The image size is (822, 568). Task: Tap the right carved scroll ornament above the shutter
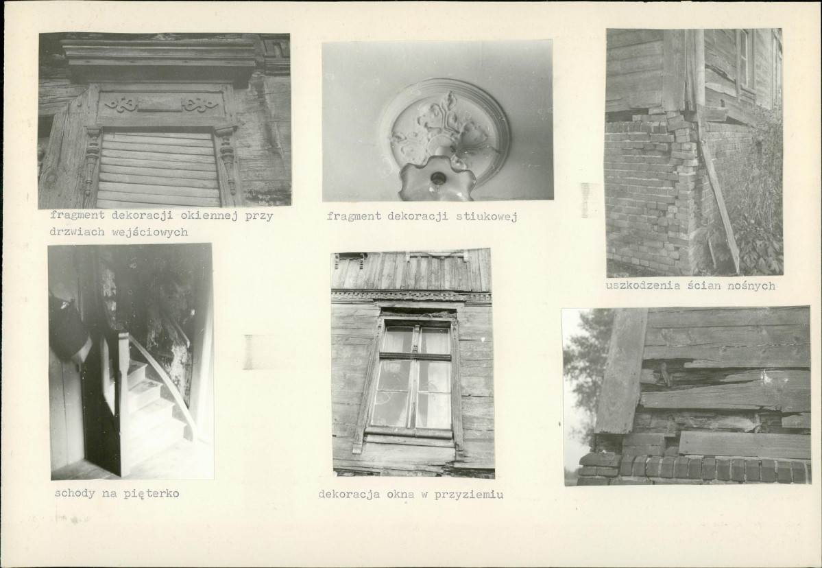tap(200, 104)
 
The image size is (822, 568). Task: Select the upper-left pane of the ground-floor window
tap(398, 340)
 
